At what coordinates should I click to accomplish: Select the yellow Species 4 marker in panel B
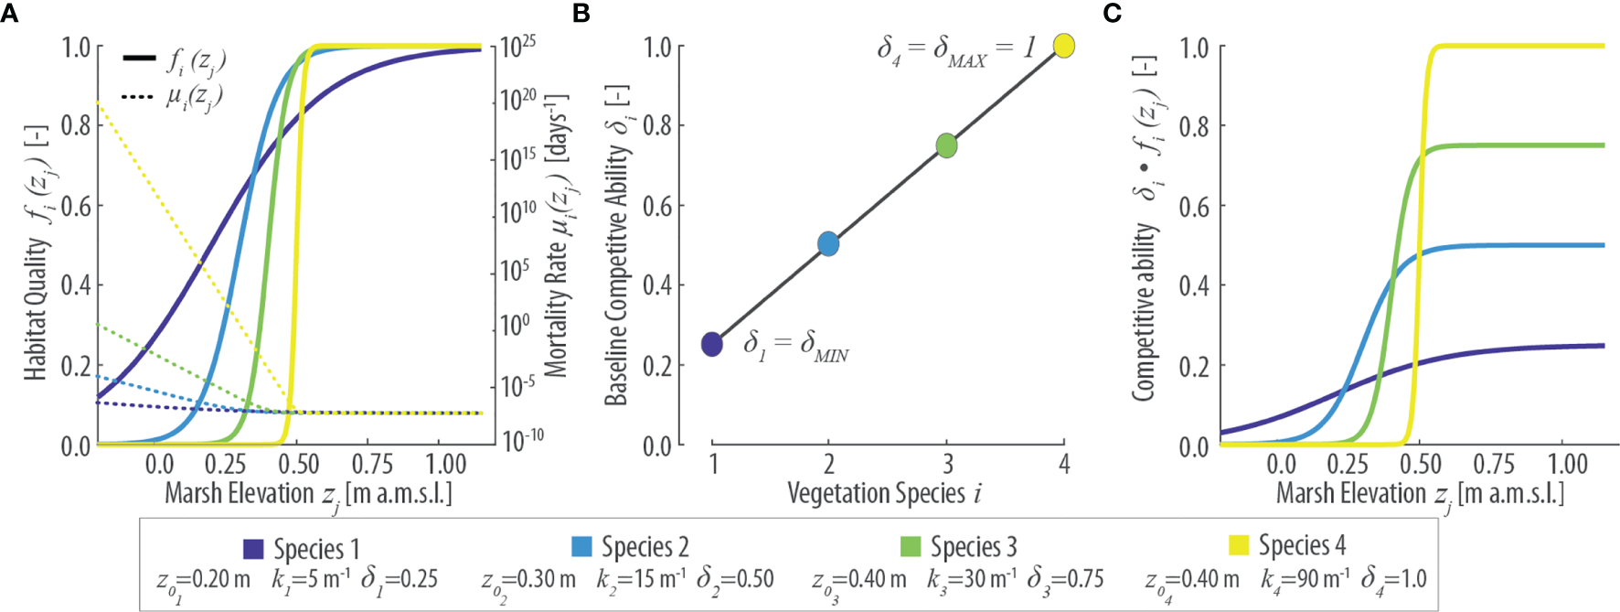point(1063,46)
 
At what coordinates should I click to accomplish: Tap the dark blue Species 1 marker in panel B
point(712,345)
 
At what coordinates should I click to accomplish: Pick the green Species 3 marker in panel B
point(947,145)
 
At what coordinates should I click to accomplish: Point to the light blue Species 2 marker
point(828,244)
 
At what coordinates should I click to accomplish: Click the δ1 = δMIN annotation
point(795,346)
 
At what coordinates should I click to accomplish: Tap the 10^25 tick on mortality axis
point(517,46)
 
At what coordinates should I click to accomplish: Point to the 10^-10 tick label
point(523,440)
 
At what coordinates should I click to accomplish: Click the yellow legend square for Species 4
point(1239,546)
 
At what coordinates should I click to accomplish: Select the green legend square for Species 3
point(911,547)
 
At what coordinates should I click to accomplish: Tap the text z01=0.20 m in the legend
point(202,581)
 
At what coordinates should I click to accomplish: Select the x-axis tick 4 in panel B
point(1064,465)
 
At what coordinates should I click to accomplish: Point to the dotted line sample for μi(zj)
point(140,95)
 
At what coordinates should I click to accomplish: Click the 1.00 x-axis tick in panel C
point(1568,465)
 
